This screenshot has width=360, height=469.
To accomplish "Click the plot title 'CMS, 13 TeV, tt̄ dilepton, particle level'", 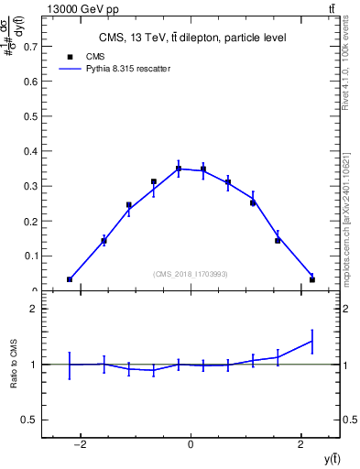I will [192, 38].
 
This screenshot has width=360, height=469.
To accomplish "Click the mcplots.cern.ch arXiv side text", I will [352, 211].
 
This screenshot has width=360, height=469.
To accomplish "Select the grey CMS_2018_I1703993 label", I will [191, 274].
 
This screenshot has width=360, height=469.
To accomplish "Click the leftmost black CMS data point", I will [70, 279].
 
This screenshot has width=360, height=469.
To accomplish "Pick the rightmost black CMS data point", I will [312, 279].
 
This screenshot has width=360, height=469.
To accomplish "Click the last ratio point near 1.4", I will [312, 341].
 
